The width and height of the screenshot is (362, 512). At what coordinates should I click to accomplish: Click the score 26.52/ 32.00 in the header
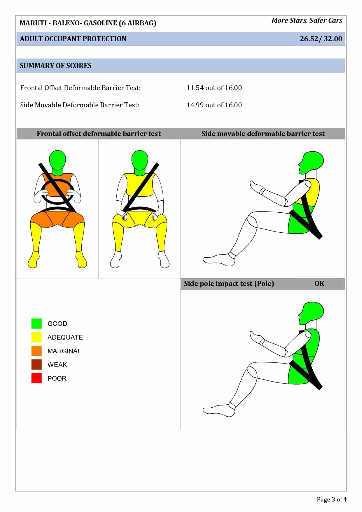pos(321,39)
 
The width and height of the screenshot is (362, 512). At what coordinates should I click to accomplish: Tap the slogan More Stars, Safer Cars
pos(307,20)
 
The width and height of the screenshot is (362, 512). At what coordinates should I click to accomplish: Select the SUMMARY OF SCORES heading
pos(55,66)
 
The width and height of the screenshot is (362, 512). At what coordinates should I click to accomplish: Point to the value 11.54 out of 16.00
pos(214,88)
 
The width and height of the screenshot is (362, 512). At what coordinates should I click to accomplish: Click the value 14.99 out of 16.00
pos(214,105)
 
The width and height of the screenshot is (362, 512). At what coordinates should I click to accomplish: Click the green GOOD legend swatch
pos(36,324)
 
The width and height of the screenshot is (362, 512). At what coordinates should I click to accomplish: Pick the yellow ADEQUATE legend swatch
pos(36,337)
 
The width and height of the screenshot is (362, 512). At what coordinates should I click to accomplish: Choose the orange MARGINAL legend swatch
pos(36,351)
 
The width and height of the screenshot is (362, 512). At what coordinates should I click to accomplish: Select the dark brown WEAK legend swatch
pos(36,365)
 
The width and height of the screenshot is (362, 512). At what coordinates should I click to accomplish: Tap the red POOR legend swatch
pos(36,378)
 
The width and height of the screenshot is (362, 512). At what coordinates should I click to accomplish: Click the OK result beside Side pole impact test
pos(319,284)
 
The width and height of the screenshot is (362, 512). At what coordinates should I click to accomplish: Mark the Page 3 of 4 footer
pos(331,499)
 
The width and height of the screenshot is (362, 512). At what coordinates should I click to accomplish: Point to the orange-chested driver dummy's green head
pos(57,159)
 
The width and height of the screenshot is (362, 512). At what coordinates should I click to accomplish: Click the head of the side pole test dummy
pos(312,312)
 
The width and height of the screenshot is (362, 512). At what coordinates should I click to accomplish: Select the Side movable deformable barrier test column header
pos(263,134)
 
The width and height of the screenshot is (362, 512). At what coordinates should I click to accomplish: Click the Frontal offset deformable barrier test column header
pos(99,134)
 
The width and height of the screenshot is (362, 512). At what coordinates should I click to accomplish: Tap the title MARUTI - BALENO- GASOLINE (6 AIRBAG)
pos(88,23)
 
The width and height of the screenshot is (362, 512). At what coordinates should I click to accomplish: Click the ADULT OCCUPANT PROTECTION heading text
pos(73,39)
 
